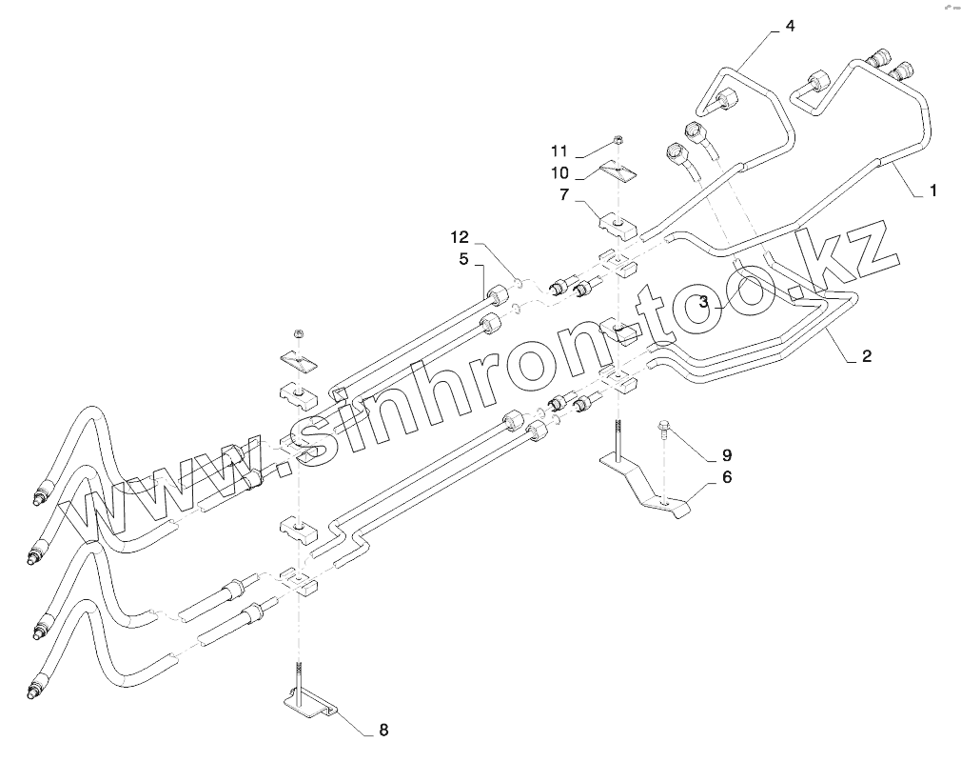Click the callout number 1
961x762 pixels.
933,191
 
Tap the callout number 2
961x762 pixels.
866,357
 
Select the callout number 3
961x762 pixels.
703,303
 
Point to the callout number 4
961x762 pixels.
789,27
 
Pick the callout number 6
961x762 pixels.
726,477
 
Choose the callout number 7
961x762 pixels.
564,196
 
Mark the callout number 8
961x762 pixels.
383,731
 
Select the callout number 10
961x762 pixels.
559,172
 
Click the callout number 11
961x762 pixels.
559,150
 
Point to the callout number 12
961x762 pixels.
461,235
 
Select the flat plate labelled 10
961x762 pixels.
616,171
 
